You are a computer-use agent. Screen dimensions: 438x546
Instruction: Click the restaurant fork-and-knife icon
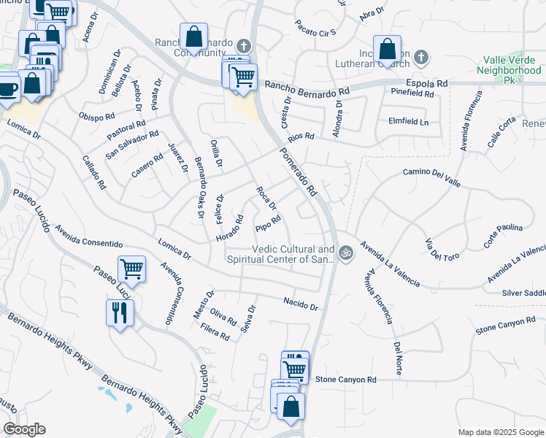tap(119, 313)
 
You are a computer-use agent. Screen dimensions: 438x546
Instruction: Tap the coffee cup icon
tap(7, 88)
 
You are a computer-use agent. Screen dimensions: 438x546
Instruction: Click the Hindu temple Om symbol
tap(346, 253)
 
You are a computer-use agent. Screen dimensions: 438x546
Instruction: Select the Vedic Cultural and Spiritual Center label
tap(281, 253)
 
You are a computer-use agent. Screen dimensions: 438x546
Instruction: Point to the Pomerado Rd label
tap(297, 172)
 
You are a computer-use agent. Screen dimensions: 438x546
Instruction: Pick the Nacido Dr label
tap(301, 304)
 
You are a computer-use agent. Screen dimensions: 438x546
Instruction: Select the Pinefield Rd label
tap(412, 93)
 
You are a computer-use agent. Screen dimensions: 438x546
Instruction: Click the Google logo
tap(24, 429)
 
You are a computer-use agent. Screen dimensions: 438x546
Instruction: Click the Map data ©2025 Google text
tap(500, 432)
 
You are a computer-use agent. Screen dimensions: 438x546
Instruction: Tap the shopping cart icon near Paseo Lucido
tap(131, 269)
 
